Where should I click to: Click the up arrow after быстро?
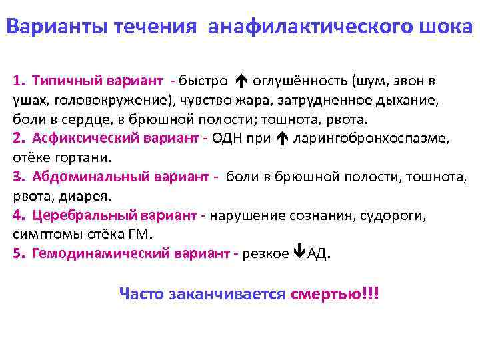tap(241, 82)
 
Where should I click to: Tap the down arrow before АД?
tap(299, 254)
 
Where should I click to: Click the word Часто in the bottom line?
tap(141, 293)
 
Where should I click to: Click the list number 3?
tap(17, 177)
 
